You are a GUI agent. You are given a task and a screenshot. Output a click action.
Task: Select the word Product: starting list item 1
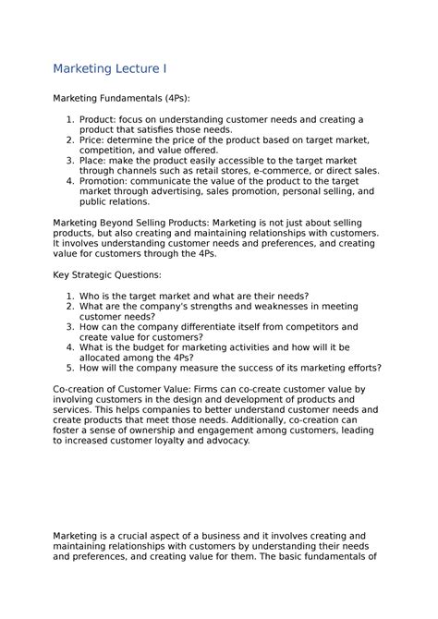point(103,120)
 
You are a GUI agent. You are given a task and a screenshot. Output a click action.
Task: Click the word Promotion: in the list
point(111,181)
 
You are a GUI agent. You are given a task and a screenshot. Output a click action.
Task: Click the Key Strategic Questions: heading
point(107,275)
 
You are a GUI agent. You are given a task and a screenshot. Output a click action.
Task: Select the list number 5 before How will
point(70,368)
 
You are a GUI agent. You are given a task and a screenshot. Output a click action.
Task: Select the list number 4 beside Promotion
point(70,181)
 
